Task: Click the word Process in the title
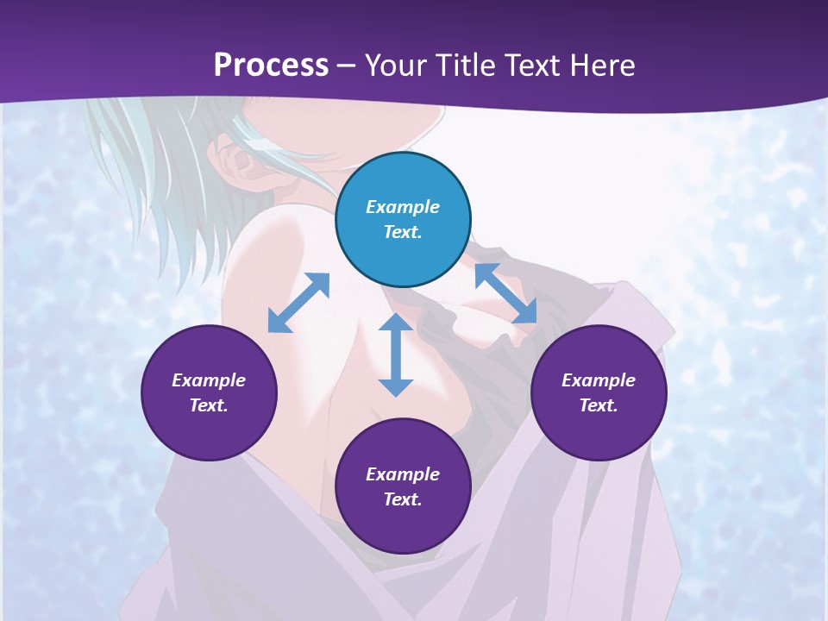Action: [x=271, y=65]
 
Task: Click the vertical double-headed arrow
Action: [x=396, y=354]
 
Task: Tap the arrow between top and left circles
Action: [x=298, y=302]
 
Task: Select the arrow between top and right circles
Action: [x=505, y=293]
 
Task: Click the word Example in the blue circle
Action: [x=403, y=207]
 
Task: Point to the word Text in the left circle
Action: [x=209, y=405]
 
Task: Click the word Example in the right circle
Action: [x=599, y=380]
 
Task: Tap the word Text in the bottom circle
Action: [x=403, y=499]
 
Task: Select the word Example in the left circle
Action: [x=209, y=380]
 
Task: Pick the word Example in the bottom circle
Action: [x=403, y=474]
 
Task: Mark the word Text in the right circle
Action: [x=599, y=405]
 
